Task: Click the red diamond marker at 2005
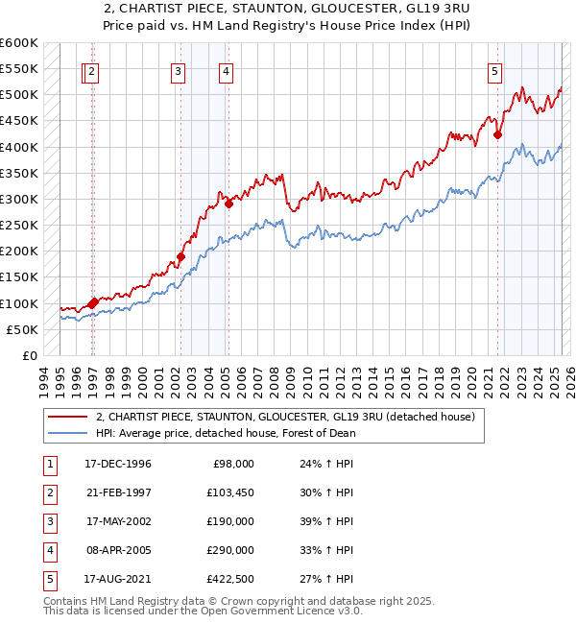point(228,204)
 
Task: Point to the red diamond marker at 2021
point(497,135)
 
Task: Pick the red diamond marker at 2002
point(180,256)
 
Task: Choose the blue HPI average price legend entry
point(226,433)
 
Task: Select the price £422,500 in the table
point(230,579)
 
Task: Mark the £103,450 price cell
point(230,492)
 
